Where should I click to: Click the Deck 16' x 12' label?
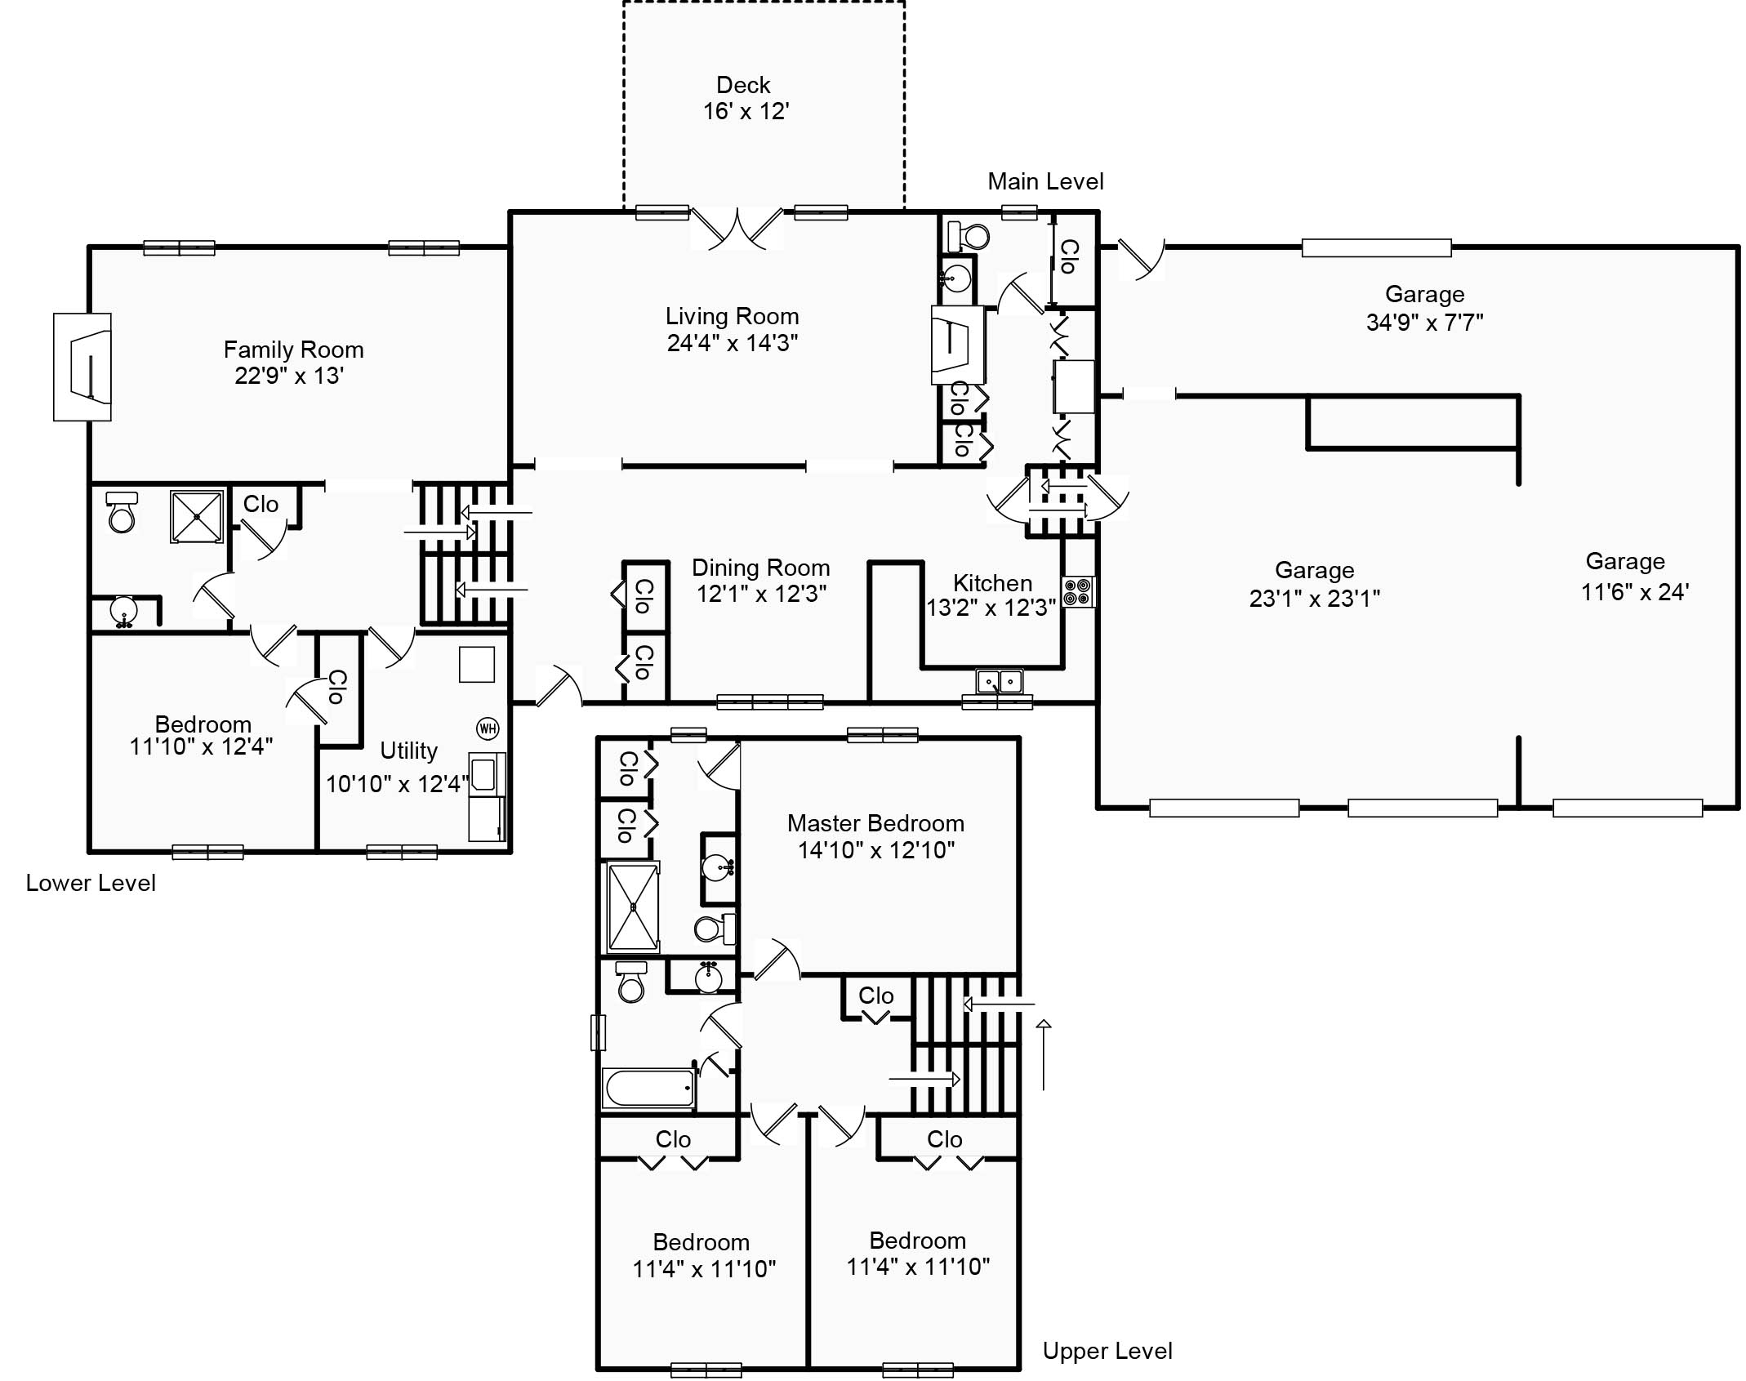click(x=744, y=98)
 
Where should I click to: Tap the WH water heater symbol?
click(x=488, y=728)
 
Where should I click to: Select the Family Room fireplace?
click(x=83, y=367)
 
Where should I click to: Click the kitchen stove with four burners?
click(x=1079, y=592)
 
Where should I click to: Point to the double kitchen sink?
click(x=1000, y=680)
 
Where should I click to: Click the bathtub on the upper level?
click(x=649, y=1087)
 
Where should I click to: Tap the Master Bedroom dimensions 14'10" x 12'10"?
click(x=875, y=850)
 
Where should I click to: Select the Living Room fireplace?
click(x=957, y=345)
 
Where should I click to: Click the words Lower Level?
click(x=91, y=883)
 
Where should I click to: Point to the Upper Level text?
click(x=1107, y=1351)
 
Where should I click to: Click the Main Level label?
click(x=1045, y=181)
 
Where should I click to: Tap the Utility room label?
click(x=408, y=751)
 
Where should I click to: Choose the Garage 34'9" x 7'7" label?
click(x=1424, y=308)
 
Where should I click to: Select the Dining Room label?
click(x=760, y=568)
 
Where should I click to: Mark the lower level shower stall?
click(x=197, y=516)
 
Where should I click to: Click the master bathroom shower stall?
click(x=633, y=907)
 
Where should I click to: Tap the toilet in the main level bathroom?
click(x=969, y=237)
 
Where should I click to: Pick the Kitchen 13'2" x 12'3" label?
click(x=991, y=595)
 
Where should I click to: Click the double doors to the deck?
click(x=737, y=229)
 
